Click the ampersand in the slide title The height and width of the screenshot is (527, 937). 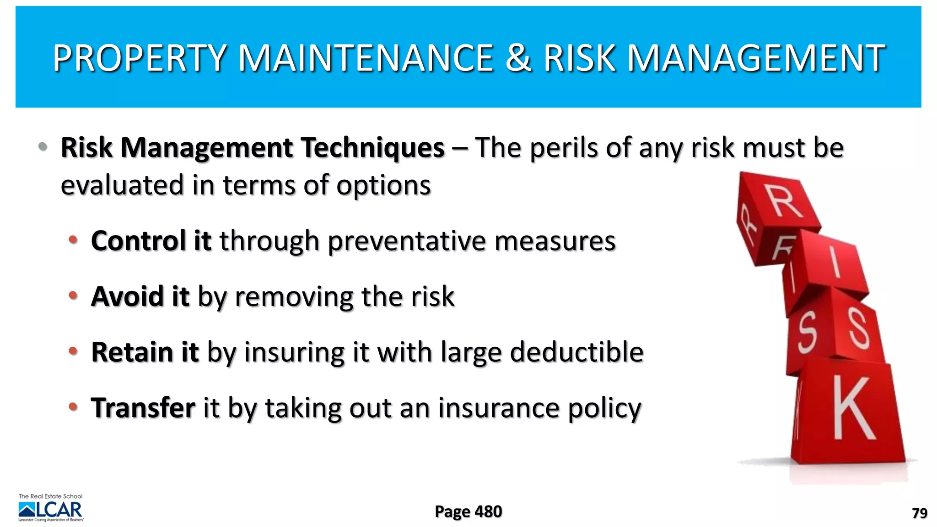[x=518, y=58]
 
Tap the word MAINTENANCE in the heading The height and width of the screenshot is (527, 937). [x=366, y=58]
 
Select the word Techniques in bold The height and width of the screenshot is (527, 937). [x=373, y=148]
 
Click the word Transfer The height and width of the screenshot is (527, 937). [x=143, y=408]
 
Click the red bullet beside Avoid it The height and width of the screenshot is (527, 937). [x=73, y=296]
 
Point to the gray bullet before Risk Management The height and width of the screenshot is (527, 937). [x=43, y=147]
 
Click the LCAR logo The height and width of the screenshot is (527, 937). [x=51, y=509]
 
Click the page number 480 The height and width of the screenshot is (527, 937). [x=488, y=511]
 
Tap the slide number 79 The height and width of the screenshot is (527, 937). [x=919, y=513]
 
